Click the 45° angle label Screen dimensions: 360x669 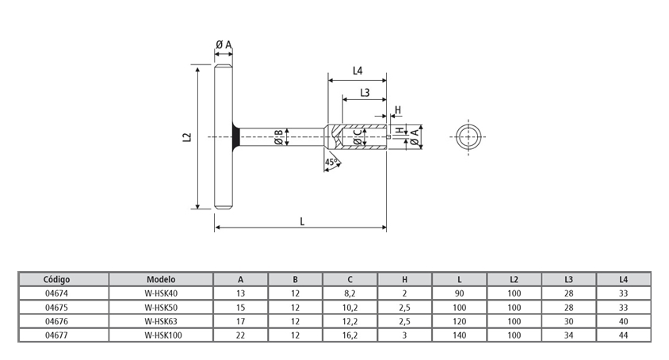pyautogui.click(x=331, y=163)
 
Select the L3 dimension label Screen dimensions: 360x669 pyautogui.click(x=365, y=93)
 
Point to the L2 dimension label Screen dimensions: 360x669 pyautogui.click(x=186, y=137)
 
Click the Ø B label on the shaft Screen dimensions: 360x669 pyautogui.click(x=278, y=137)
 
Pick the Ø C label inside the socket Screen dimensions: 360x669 pyautogui.click(x=357, y=137)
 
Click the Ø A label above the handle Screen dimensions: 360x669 pyautogui.click(x=224, y=45)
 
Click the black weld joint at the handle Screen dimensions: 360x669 pyautogui.click(x=235, y=137)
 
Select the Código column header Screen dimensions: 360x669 pyautogui.click(x=58, y=279)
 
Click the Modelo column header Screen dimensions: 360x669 pyautogui.click(x=161, y=279)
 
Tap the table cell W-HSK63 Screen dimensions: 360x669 pyautogui.click(x=161, y=321)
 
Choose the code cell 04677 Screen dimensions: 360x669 pyautogui.click(x=58, y=335)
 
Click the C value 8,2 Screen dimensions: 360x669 pyautogui.click(x=350, y=293)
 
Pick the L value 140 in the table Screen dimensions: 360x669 pyautogui.click(x=459, y=335)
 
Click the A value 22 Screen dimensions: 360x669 pyautogui.click(x=241, y=335)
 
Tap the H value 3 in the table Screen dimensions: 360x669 pyautogui.click(x=404, y=335)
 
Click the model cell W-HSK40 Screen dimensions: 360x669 pyautogui.click(x=161, y=293)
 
